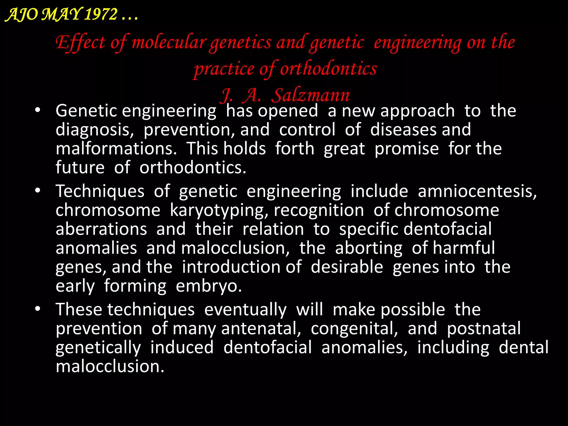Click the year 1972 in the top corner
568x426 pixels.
(101, 14)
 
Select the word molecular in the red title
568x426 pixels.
(169, 43)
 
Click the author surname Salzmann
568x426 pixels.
(310, 96)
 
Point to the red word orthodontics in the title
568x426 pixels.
(328, 69)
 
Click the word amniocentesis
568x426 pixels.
(477, 191)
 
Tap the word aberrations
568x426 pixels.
(101, 229)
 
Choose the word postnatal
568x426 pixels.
(484, 329)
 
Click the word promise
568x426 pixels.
(407, 149)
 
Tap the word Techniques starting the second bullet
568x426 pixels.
(100, 191)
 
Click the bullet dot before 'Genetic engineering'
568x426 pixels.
(38, 110)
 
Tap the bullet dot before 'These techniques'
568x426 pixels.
(38, 309)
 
